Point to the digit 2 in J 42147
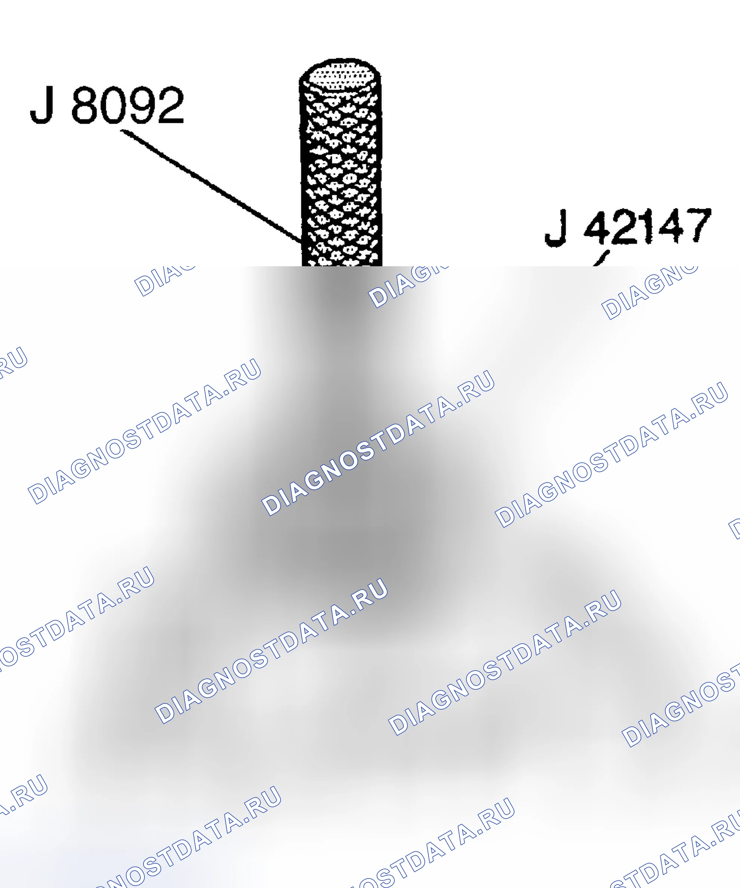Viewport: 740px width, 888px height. (x=625, y=226)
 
